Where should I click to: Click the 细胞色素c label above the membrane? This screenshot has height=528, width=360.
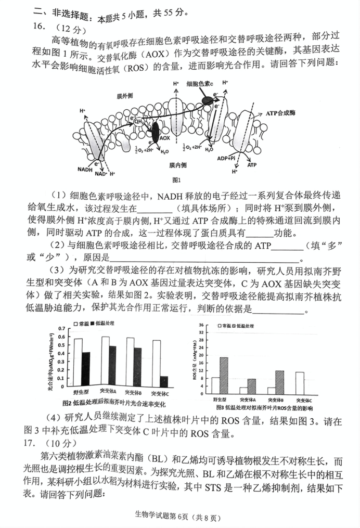[x=200, y=84]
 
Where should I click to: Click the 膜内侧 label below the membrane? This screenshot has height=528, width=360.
[x=177, y=165]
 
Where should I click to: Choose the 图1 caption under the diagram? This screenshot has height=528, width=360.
[x=176, y=180]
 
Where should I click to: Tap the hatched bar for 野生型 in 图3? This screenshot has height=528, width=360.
[x=224, y=375]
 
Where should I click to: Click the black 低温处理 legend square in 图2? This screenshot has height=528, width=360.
[x=92, y=324]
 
